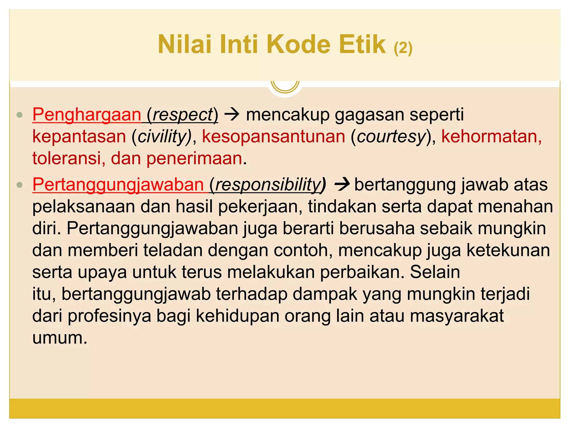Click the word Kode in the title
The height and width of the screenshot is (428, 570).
(299, 44)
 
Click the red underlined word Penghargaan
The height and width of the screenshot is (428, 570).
(87, 115)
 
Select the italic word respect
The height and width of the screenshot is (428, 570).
(183, 115)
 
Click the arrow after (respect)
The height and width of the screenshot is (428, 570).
(232, 115)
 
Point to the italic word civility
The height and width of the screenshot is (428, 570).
(162, 137)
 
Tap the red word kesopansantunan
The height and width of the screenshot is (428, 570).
(274, 137)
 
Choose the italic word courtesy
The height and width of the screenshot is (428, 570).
(391, 137)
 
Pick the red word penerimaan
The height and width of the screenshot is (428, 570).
(194, 158)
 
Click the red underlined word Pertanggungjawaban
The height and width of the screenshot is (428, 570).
(118, 184)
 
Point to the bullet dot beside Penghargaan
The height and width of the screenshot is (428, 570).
(19, 115)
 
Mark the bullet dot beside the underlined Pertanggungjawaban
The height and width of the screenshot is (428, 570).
(19, 185)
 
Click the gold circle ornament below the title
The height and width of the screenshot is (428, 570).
(285, 85)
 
